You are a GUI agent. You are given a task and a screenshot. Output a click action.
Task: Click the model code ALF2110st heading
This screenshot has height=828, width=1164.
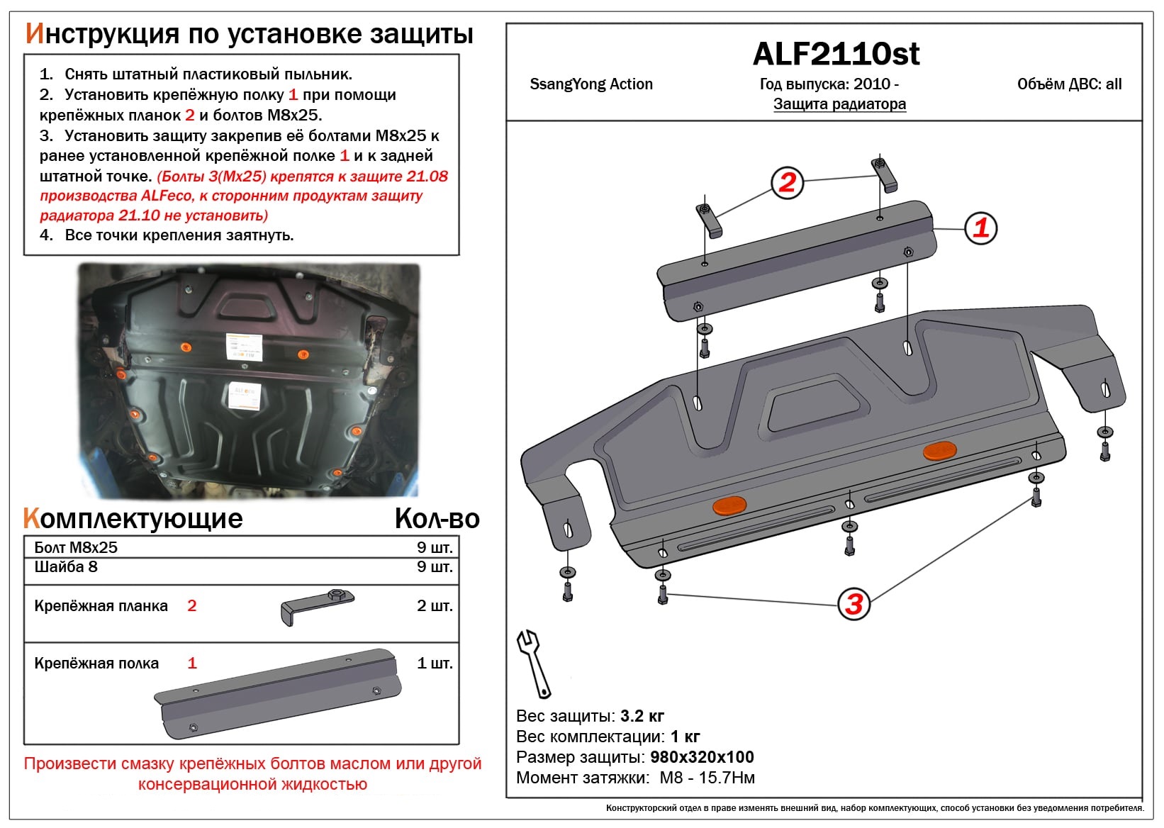click(836, 54)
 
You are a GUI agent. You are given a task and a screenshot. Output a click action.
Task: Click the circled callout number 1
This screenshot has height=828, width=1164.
click(981, 228)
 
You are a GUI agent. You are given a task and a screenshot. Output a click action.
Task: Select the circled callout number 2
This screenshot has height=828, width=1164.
click(787, 183)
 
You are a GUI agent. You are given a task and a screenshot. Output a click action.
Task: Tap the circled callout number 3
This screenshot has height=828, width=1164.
click(854, 604)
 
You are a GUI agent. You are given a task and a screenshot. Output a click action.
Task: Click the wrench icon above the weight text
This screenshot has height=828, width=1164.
click(532, 664)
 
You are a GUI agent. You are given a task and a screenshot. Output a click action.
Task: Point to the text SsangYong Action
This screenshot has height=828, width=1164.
click(591, 84)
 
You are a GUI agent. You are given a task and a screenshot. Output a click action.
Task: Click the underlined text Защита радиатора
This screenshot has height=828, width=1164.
click(839, 104)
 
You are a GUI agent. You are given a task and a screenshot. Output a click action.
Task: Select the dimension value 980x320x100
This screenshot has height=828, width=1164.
click(702, 757)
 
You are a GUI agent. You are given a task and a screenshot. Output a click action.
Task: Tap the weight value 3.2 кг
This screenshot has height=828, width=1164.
click(642, 716)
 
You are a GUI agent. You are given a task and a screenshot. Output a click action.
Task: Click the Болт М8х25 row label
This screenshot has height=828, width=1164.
click(76, 547)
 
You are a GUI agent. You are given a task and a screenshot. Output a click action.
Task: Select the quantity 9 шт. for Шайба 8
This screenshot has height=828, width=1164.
click(434, 567)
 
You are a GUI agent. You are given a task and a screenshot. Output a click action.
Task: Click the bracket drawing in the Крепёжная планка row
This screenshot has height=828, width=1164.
click(317, 606)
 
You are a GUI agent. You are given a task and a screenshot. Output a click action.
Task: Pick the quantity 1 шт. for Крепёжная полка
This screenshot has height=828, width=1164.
click(434, 664)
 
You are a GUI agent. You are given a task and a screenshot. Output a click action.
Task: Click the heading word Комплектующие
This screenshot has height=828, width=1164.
click(133, 519)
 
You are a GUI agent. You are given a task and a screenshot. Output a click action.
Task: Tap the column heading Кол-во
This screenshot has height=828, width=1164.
click(437, 519)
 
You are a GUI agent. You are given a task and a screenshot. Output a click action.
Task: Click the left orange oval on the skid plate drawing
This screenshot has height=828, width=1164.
click(729, 505)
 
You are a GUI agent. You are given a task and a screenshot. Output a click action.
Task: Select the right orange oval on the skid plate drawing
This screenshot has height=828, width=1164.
click(939, 451)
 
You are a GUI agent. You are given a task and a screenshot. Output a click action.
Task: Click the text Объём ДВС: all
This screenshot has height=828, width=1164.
click(1069, 84)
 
